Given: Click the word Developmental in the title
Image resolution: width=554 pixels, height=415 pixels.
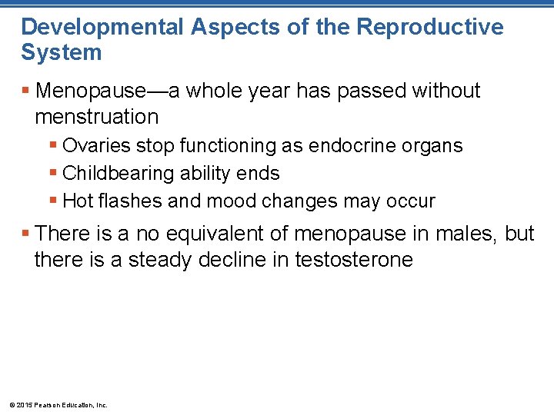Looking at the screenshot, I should pyautogui.click(x=102, y=27).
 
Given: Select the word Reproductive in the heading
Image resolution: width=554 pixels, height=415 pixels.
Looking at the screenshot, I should pyautogui.click(x=430, y=27).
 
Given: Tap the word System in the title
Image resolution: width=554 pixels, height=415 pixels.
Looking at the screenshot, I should pyautogui.click(x=61, y=53).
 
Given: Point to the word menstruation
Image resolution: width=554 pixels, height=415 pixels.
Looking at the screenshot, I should pyautogui.click(x=96, y=117).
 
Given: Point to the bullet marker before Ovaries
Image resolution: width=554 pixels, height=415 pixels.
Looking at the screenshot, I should pyautogui.click(x=53, y=145).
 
